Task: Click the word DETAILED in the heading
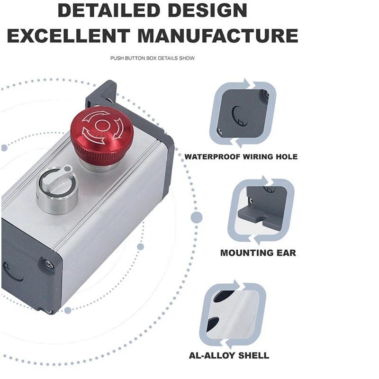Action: tap(109, 10)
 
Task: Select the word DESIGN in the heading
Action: tap(207, 10)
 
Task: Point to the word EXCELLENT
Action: tap(69, 36)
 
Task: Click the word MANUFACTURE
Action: tap(218, 36)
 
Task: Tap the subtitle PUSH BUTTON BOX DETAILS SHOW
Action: tap(153, 58)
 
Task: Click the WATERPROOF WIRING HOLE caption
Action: tap(241, 157)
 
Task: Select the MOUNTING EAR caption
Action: tap(258, 253)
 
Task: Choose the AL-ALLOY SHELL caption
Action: tap(229, 356)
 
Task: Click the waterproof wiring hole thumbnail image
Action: tap(243, 113)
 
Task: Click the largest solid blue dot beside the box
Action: tap(197, 217)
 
